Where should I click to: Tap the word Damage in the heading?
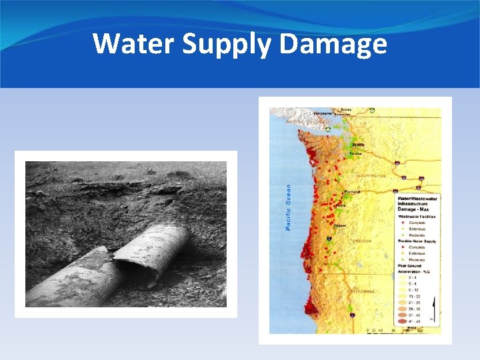(333, 44)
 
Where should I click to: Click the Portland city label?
(351, 192)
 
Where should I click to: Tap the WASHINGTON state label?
(371, 176)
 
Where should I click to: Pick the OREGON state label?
(361, 241)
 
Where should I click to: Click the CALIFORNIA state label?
(360, 291)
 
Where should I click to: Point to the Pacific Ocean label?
(289, 207)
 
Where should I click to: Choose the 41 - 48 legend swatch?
(402, 321)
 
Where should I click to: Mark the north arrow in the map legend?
(434, 308)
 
